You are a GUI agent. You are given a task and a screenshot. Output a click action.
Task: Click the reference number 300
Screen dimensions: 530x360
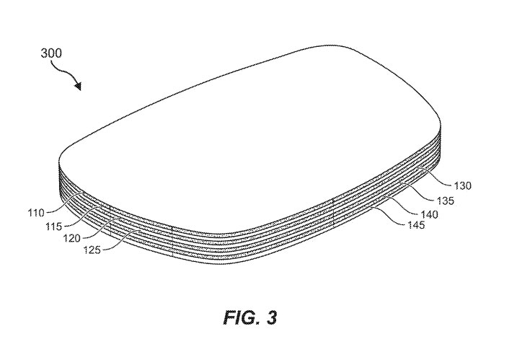[51, 53]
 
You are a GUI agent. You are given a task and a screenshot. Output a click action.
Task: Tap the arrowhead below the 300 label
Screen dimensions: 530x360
[78, 87]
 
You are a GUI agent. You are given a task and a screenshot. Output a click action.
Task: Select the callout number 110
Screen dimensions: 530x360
[36, 213]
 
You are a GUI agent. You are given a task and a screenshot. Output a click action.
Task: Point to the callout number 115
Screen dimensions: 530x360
[54, 226]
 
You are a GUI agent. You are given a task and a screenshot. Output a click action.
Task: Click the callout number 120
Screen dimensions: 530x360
[71, 238]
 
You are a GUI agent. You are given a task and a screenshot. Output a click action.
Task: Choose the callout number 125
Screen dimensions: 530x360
[92, 250]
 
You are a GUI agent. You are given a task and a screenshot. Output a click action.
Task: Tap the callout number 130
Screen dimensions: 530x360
[462, 185]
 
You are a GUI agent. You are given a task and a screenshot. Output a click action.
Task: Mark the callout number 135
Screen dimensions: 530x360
[445, 201]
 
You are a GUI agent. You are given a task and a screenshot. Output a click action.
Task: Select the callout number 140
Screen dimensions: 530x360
[429, 214]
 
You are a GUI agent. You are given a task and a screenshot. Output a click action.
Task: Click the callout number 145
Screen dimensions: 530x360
[416, 225]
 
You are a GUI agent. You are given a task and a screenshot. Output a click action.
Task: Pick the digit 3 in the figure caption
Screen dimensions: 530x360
[271, 317]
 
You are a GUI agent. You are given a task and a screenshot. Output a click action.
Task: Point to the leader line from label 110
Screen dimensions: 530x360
[64, 203]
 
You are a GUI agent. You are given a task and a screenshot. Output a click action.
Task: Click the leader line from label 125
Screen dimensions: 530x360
[121, 240]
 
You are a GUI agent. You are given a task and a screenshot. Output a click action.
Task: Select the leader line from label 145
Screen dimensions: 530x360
[389, 216]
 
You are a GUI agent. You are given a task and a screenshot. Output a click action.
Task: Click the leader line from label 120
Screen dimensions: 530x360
[100, 229]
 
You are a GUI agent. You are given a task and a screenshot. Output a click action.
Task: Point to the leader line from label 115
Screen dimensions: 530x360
[82, 216]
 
